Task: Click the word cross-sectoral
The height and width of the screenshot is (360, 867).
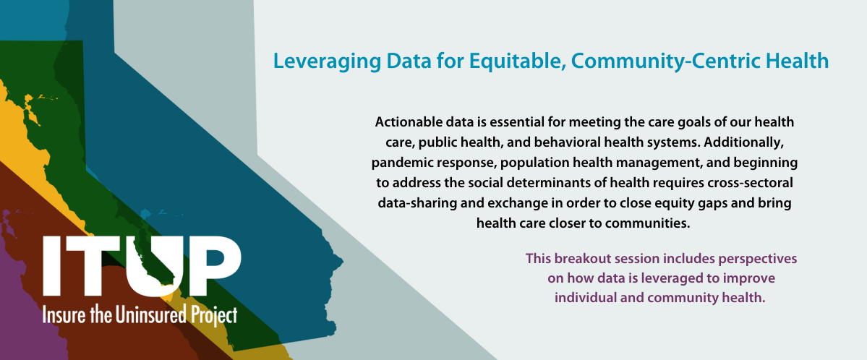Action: (746, 183)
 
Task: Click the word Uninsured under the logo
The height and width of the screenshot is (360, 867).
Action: (146, 315)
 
